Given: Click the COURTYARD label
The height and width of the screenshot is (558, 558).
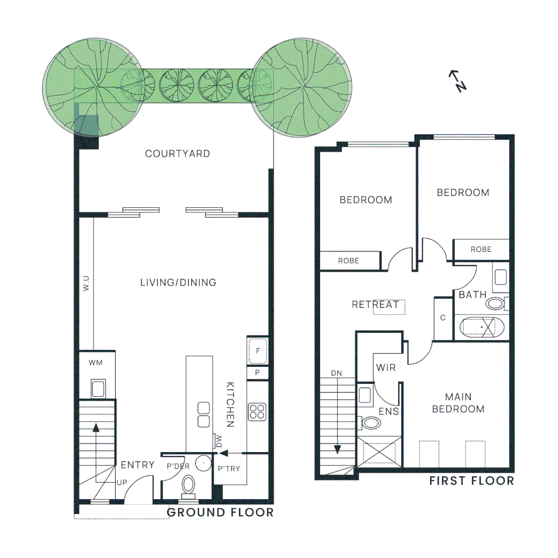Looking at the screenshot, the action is (177, 154).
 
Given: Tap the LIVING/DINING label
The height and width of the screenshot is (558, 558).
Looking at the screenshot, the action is (178, 283).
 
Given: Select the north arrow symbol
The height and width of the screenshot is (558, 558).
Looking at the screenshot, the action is (458, 81).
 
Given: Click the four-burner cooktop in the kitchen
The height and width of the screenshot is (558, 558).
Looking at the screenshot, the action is (257, 412).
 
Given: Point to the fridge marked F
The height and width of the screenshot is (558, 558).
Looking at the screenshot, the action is (257, 351).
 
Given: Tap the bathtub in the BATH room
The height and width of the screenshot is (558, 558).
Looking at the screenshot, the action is (482, 327).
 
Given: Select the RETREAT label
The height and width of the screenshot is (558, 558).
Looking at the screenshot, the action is (375, 305).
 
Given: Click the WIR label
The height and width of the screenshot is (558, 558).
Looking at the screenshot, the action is (386, 368).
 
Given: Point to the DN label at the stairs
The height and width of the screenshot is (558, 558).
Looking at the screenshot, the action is (336, 373).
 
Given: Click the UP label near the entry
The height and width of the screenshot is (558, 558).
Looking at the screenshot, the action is (122, 483).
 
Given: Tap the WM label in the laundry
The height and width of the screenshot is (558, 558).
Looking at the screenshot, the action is (96, 363).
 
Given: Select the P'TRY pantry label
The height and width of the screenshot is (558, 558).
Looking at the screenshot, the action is (229, 469).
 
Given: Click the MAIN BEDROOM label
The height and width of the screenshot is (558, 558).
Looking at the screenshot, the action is (458, 403).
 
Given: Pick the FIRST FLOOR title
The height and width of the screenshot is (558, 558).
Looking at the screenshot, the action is (472, 481).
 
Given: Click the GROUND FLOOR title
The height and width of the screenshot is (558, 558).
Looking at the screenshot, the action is (220, 513).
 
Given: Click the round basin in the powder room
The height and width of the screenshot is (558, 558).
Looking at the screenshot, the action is (204, 463).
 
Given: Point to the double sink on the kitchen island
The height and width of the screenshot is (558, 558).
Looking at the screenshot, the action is (204, 414).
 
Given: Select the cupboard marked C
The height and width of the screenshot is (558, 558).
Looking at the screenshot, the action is (443, 318).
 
